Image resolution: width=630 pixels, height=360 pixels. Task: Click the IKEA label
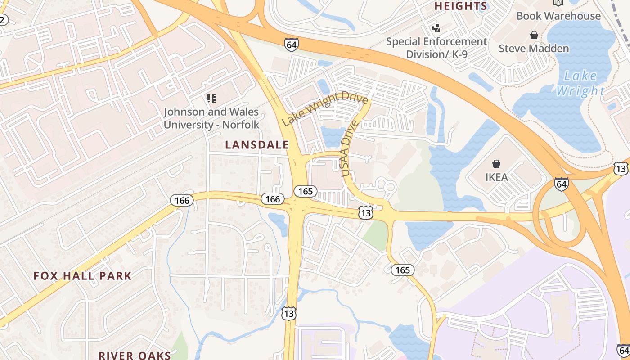[496, 177]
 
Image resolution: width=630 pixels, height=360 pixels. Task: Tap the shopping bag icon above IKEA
[496, 163]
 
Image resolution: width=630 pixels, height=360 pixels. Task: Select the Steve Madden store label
[534, 48]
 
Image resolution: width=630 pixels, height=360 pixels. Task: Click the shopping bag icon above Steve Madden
[534, 35]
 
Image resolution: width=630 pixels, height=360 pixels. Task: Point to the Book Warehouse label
[558, 16]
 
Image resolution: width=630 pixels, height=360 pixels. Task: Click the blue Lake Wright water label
[580, 83]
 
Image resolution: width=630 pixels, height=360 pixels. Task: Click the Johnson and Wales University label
[211, 118]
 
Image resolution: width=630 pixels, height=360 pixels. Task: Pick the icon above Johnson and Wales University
[211, 98]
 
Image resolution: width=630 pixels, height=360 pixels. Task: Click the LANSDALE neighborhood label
[257, 145]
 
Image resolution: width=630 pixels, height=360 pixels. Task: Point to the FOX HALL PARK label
[82, 276]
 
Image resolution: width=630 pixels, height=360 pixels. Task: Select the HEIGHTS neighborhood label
[460, 6]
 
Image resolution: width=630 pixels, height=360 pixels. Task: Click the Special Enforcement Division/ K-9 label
[436, 48]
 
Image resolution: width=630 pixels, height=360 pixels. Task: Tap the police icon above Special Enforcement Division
[436, 28]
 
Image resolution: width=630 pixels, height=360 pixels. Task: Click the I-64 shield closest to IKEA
[561, 184]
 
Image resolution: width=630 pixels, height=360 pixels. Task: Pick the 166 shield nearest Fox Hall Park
[182, 200]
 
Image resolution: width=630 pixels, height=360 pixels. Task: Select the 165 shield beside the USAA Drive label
[306, 191]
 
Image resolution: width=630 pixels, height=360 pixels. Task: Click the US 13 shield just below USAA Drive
[366, 213]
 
